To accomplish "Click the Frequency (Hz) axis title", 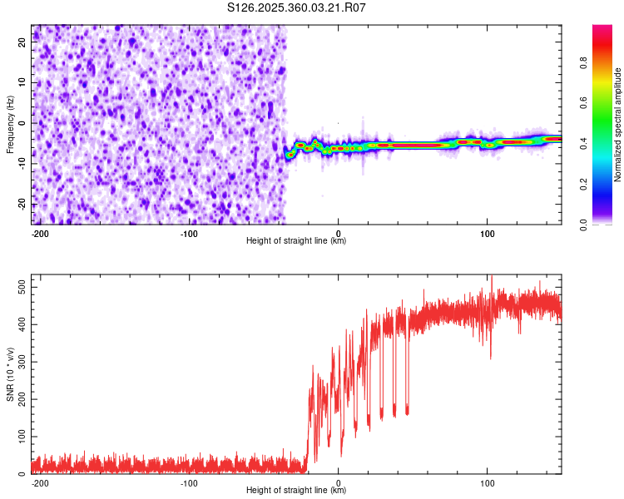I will tap(10, 125).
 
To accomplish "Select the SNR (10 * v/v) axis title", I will tap(10, 375).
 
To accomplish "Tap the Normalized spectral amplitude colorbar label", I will tap(618, 125).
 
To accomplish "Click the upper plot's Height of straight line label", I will tap(296, 241).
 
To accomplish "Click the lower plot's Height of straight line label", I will tap(296, 491).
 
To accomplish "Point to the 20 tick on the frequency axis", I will tap(22, 43).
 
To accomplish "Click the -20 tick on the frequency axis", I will tap(20, 205).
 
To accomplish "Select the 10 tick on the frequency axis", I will tap(22, 83).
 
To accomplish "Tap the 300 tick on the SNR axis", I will tap(18, 362).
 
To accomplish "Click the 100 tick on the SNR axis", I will tap(18, 437).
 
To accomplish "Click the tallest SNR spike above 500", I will tap(491, 277).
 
